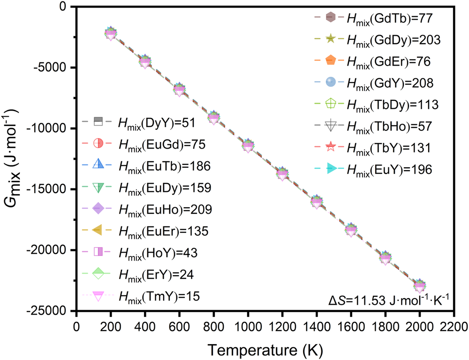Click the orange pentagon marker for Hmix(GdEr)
coord(331,61)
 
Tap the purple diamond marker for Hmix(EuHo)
coord(98,208)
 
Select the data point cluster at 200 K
coord(110,33)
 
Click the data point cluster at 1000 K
coord(248,146)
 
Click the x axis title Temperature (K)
coord(265,349)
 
